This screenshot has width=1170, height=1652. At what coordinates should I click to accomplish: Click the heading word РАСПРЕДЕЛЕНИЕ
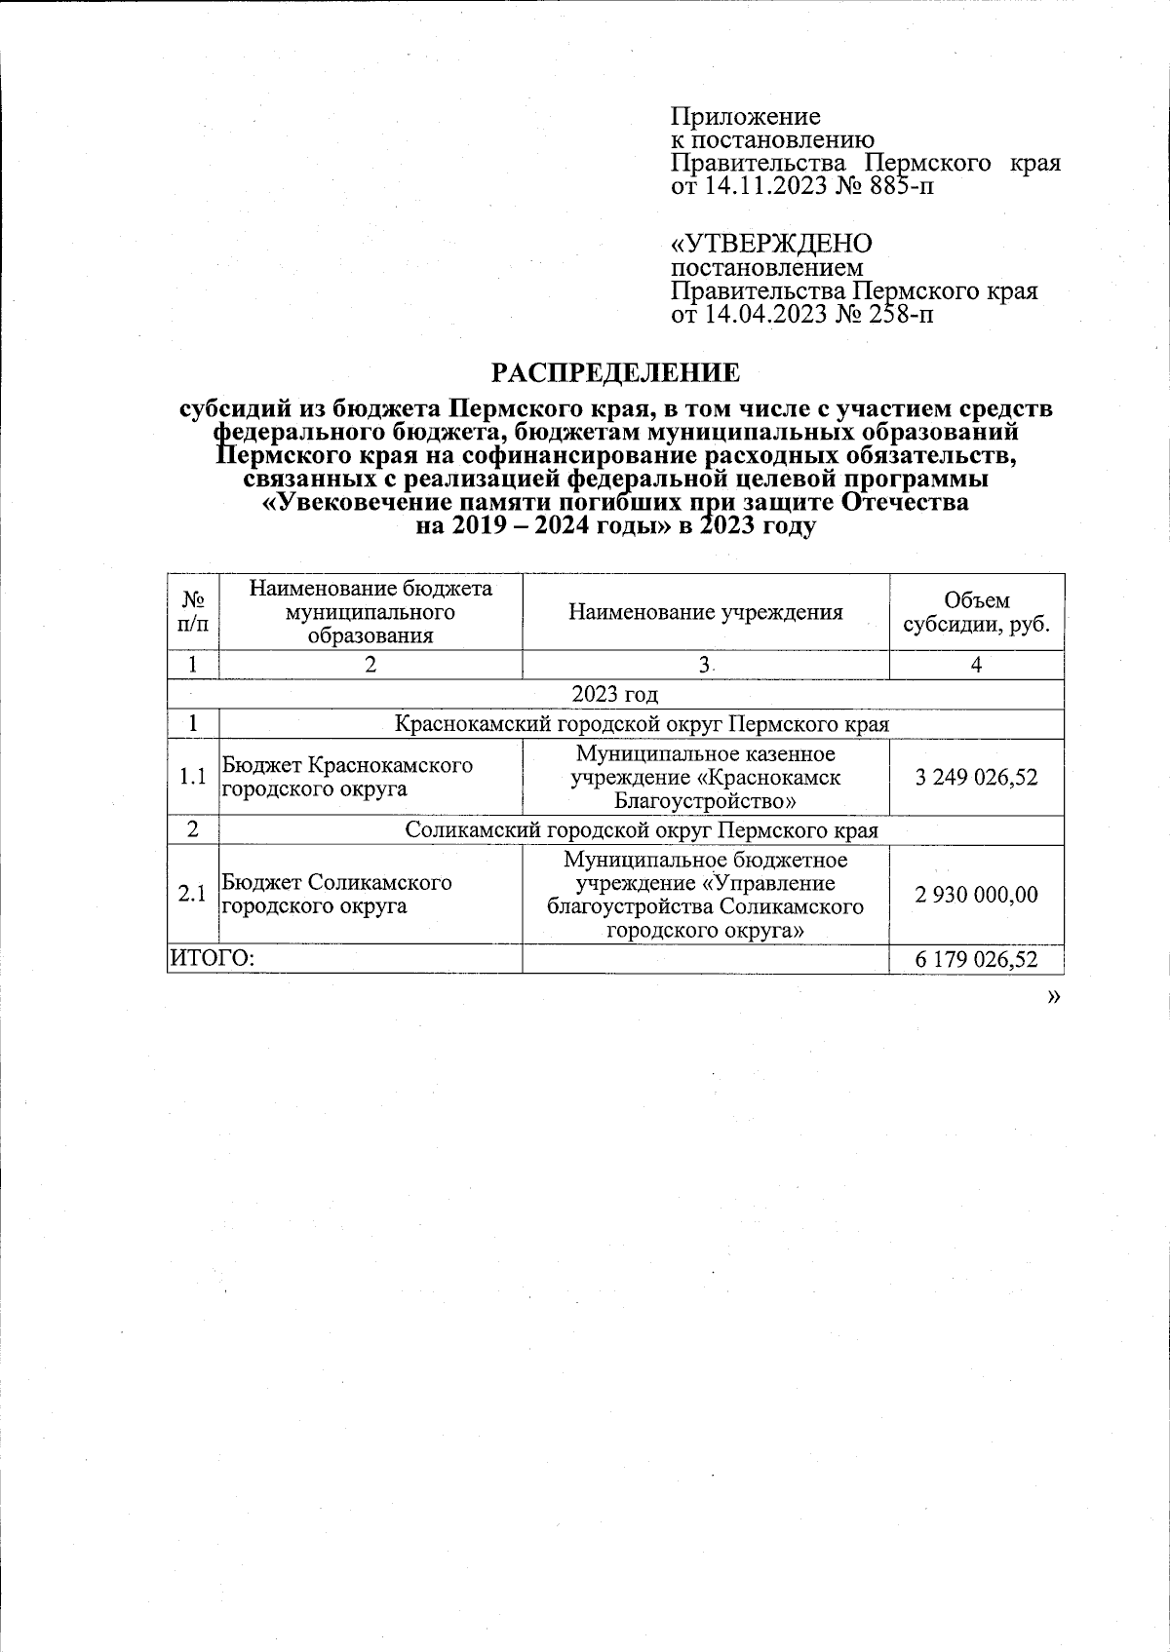[614, 372]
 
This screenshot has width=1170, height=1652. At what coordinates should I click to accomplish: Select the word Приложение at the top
[745, 117]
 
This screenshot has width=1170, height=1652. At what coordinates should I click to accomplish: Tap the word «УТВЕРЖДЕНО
[771, 243]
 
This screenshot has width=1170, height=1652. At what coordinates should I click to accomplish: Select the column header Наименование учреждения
[705, 612]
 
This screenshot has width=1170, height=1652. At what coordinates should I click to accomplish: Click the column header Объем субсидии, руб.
[976, 612]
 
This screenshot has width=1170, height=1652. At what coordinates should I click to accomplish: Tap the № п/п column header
[193, 612]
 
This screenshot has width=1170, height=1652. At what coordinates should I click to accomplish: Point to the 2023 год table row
[614, 695]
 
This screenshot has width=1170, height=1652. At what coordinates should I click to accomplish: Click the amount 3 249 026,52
[976, 777]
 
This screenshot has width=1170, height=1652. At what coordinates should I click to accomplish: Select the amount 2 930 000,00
[976, 895]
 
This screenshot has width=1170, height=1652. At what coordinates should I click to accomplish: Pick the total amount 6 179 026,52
[976, 960]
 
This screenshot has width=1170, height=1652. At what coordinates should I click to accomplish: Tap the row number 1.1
[193, 777]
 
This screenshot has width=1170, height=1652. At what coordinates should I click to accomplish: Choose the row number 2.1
[193, 895]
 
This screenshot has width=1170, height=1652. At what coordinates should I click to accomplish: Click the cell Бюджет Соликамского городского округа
[337, 895]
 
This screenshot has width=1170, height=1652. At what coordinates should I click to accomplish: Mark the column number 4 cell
[976, 665]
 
